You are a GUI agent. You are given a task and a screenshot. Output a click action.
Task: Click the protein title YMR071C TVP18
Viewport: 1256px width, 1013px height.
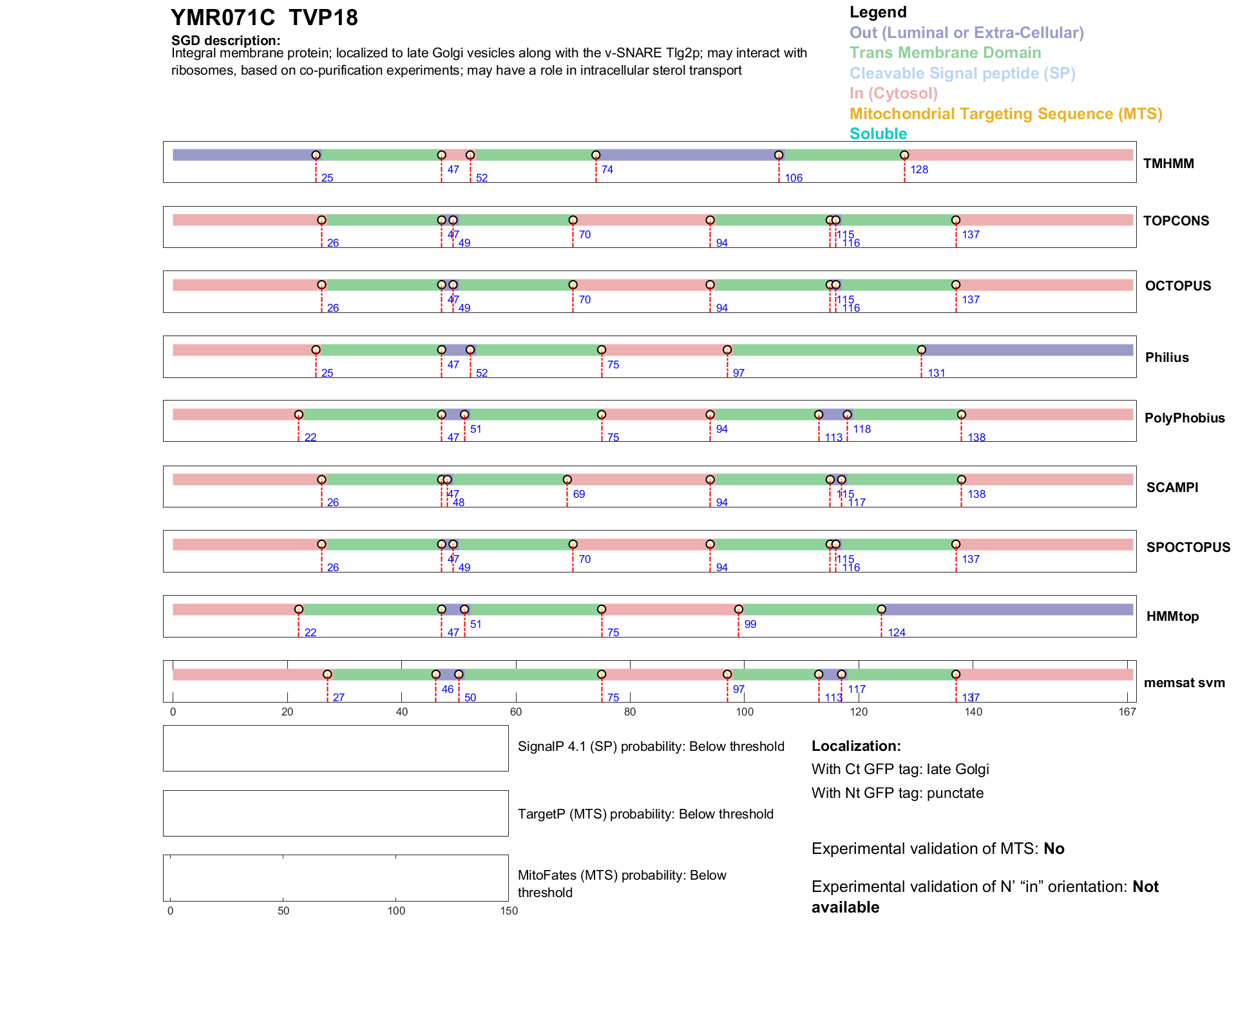[x=264, y=18]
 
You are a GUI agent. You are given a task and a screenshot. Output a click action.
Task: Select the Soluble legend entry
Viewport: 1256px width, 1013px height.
[x=878, y=134]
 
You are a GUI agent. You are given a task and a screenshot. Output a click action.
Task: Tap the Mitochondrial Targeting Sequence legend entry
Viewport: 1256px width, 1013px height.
[x=1005, y=114]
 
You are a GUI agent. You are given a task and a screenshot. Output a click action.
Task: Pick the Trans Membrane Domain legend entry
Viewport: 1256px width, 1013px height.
[x=945, y=53]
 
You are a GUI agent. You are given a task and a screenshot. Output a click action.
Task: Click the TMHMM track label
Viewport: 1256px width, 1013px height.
[x=1168, y=164]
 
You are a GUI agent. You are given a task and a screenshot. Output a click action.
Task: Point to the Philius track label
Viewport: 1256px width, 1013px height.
[x=1166, y=357]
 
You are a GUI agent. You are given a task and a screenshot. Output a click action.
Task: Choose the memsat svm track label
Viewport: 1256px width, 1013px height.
[x=1184, y=683]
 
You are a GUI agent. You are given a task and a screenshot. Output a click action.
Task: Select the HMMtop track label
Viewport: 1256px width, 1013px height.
[x=1172, y=616]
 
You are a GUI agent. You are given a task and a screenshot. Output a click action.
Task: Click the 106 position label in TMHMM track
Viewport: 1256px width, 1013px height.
[x=793, y=178]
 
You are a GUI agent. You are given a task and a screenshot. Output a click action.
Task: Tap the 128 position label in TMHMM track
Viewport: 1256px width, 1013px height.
[x=918, y=170]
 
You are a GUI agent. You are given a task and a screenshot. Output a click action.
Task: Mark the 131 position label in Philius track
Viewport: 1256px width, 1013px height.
[x=936, y=374]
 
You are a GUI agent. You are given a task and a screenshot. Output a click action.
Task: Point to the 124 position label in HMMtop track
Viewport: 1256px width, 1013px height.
[x=896, y=633]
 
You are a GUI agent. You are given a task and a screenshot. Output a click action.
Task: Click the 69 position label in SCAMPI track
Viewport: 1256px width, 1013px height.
[x=578, y=495]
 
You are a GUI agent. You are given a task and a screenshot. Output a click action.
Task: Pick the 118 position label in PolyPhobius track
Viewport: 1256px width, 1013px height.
[x=861, y=430]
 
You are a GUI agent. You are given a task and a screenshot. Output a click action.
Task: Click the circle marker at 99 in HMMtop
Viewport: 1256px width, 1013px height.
[x=738, y=609]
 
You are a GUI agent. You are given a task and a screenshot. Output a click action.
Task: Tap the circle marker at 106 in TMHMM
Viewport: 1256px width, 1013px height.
[x=779, y=155]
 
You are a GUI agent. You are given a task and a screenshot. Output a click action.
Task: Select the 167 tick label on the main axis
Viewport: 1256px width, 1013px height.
[x=1127, y=712]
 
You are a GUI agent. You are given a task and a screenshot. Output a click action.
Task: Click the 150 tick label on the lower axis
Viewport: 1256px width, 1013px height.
[x=509, y=911]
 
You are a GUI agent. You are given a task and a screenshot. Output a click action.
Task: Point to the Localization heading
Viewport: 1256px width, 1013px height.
[x=856, y=746]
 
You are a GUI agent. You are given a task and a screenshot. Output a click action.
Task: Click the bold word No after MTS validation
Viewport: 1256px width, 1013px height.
[x=1054, y=849]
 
